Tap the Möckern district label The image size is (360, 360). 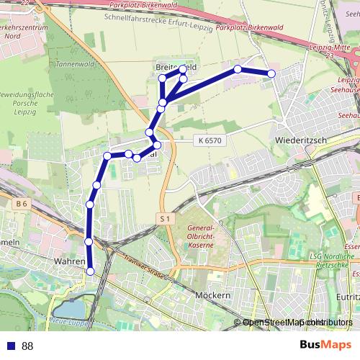point(212,296)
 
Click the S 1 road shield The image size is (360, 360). point(165,217)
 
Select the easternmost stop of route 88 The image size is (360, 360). point(271,73)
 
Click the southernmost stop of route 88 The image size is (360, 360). point(91,271)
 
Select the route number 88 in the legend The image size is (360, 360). point(27,346)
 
